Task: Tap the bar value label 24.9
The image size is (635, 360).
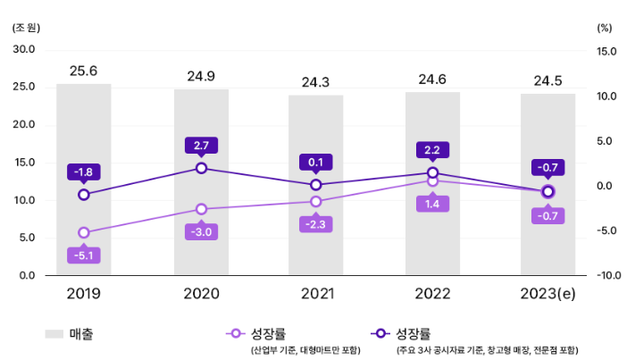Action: [x=201, y=76]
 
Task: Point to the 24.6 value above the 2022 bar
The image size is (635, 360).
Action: [x=432, y=80]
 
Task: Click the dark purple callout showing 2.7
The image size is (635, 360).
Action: [x=201, y=145]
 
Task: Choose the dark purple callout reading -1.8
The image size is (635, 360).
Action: [x=84, y=172]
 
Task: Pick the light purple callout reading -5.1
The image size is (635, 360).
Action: [x=84, y=255]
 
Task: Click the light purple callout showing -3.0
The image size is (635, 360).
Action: [x=201, y=232]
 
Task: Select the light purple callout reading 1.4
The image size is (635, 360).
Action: [x=432, y=205]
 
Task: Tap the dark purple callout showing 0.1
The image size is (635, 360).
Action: [x=316, y=163]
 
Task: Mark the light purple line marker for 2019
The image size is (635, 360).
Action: [x=84, y=233]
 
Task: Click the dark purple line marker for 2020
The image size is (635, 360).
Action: [x=201, y=168]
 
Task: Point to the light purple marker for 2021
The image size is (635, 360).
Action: [x=316, y=202]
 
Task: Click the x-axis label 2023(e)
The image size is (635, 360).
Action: [x=547, y=293]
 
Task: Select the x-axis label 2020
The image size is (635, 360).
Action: [x=201, y=293]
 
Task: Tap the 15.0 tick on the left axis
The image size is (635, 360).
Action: [x=24, y=163]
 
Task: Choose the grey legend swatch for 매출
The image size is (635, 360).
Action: [x=54, y=334]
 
